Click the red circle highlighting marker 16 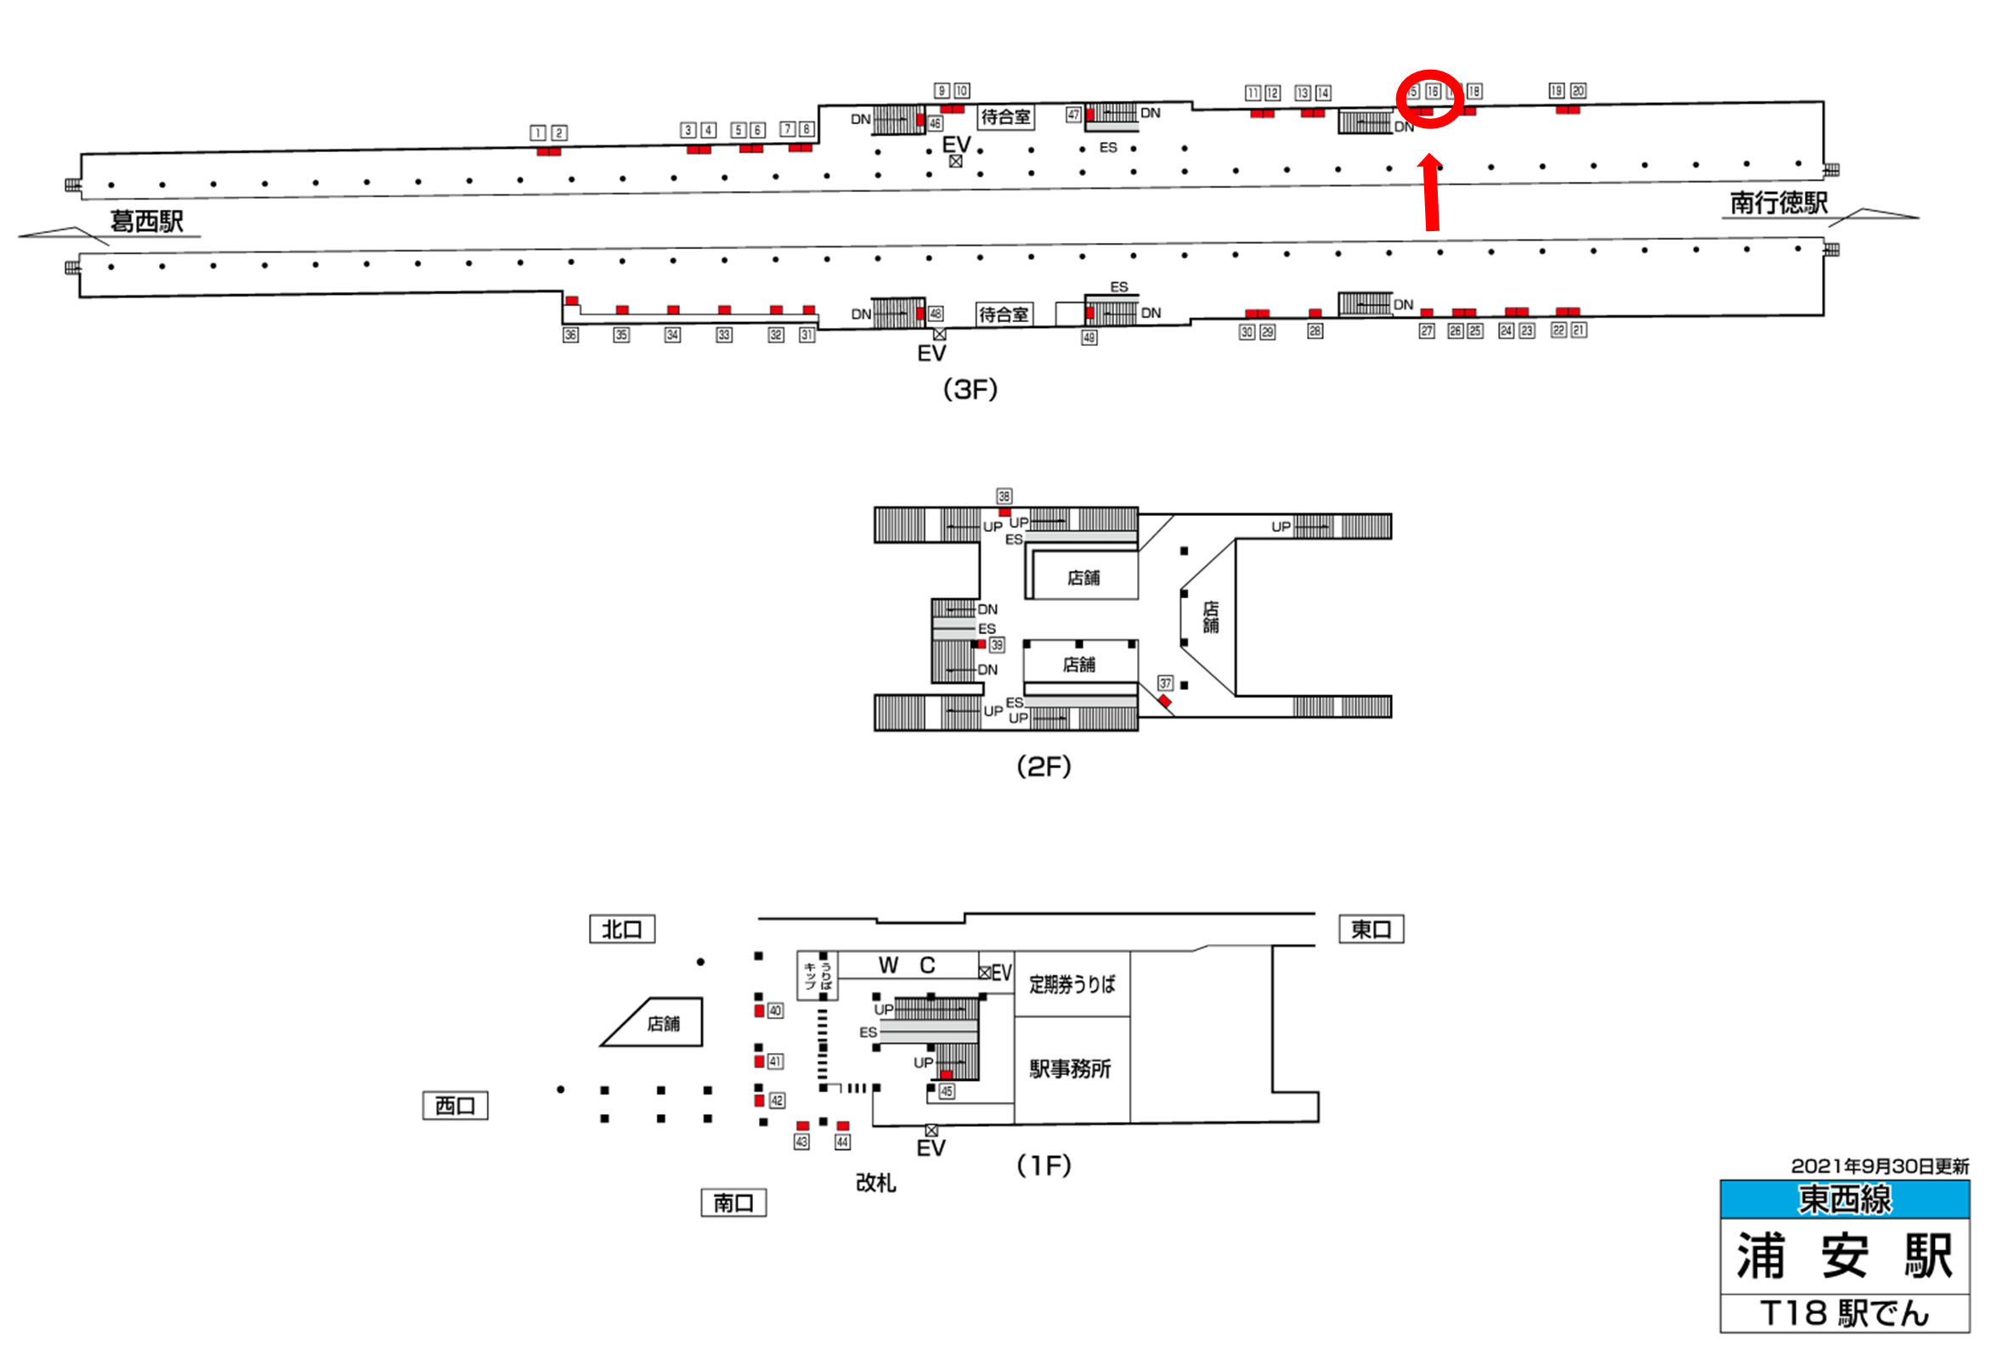pyautogui.click(x=1428, y=99)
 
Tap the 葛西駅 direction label pyautogui.click(x=146, y=222)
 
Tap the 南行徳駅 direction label pyautogui.click(x=1779, y=203)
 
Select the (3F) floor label pyautogui.click(x=970, y=390)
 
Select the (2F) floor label pyautogui.click(x=1044, y=766)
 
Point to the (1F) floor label pyautogui.click(x=1044, y=1165)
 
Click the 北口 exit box pyautogui.click(x=622, y=929)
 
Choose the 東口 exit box pyautogui.click(x=1371, y=929)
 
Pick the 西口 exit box pyautogui.click(x=455, y=1106)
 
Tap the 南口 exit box pyautogui.click(x=733, y=1203)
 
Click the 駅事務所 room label pyautogui.click(x=1071, y=1069)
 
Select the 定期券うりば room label pyautogui.click(x=1072, y=984)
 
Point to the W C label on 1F pyautogui.click(x=908, y=965)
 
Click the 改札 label pyautogui.click(x=875, y=1183)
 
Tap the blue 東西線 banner pyautogui.click(x=1845, y=1200)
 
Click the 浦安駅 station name pyautogui.click(x=1845, y=1256)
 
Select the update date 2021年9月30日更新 pyautogui.click(x=1880, y=1166)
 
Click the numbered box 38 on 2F pyautogui.click(x=1004, y=496)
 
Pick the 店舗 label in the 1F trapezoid pyautogui.click(x=663, y=1024)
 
